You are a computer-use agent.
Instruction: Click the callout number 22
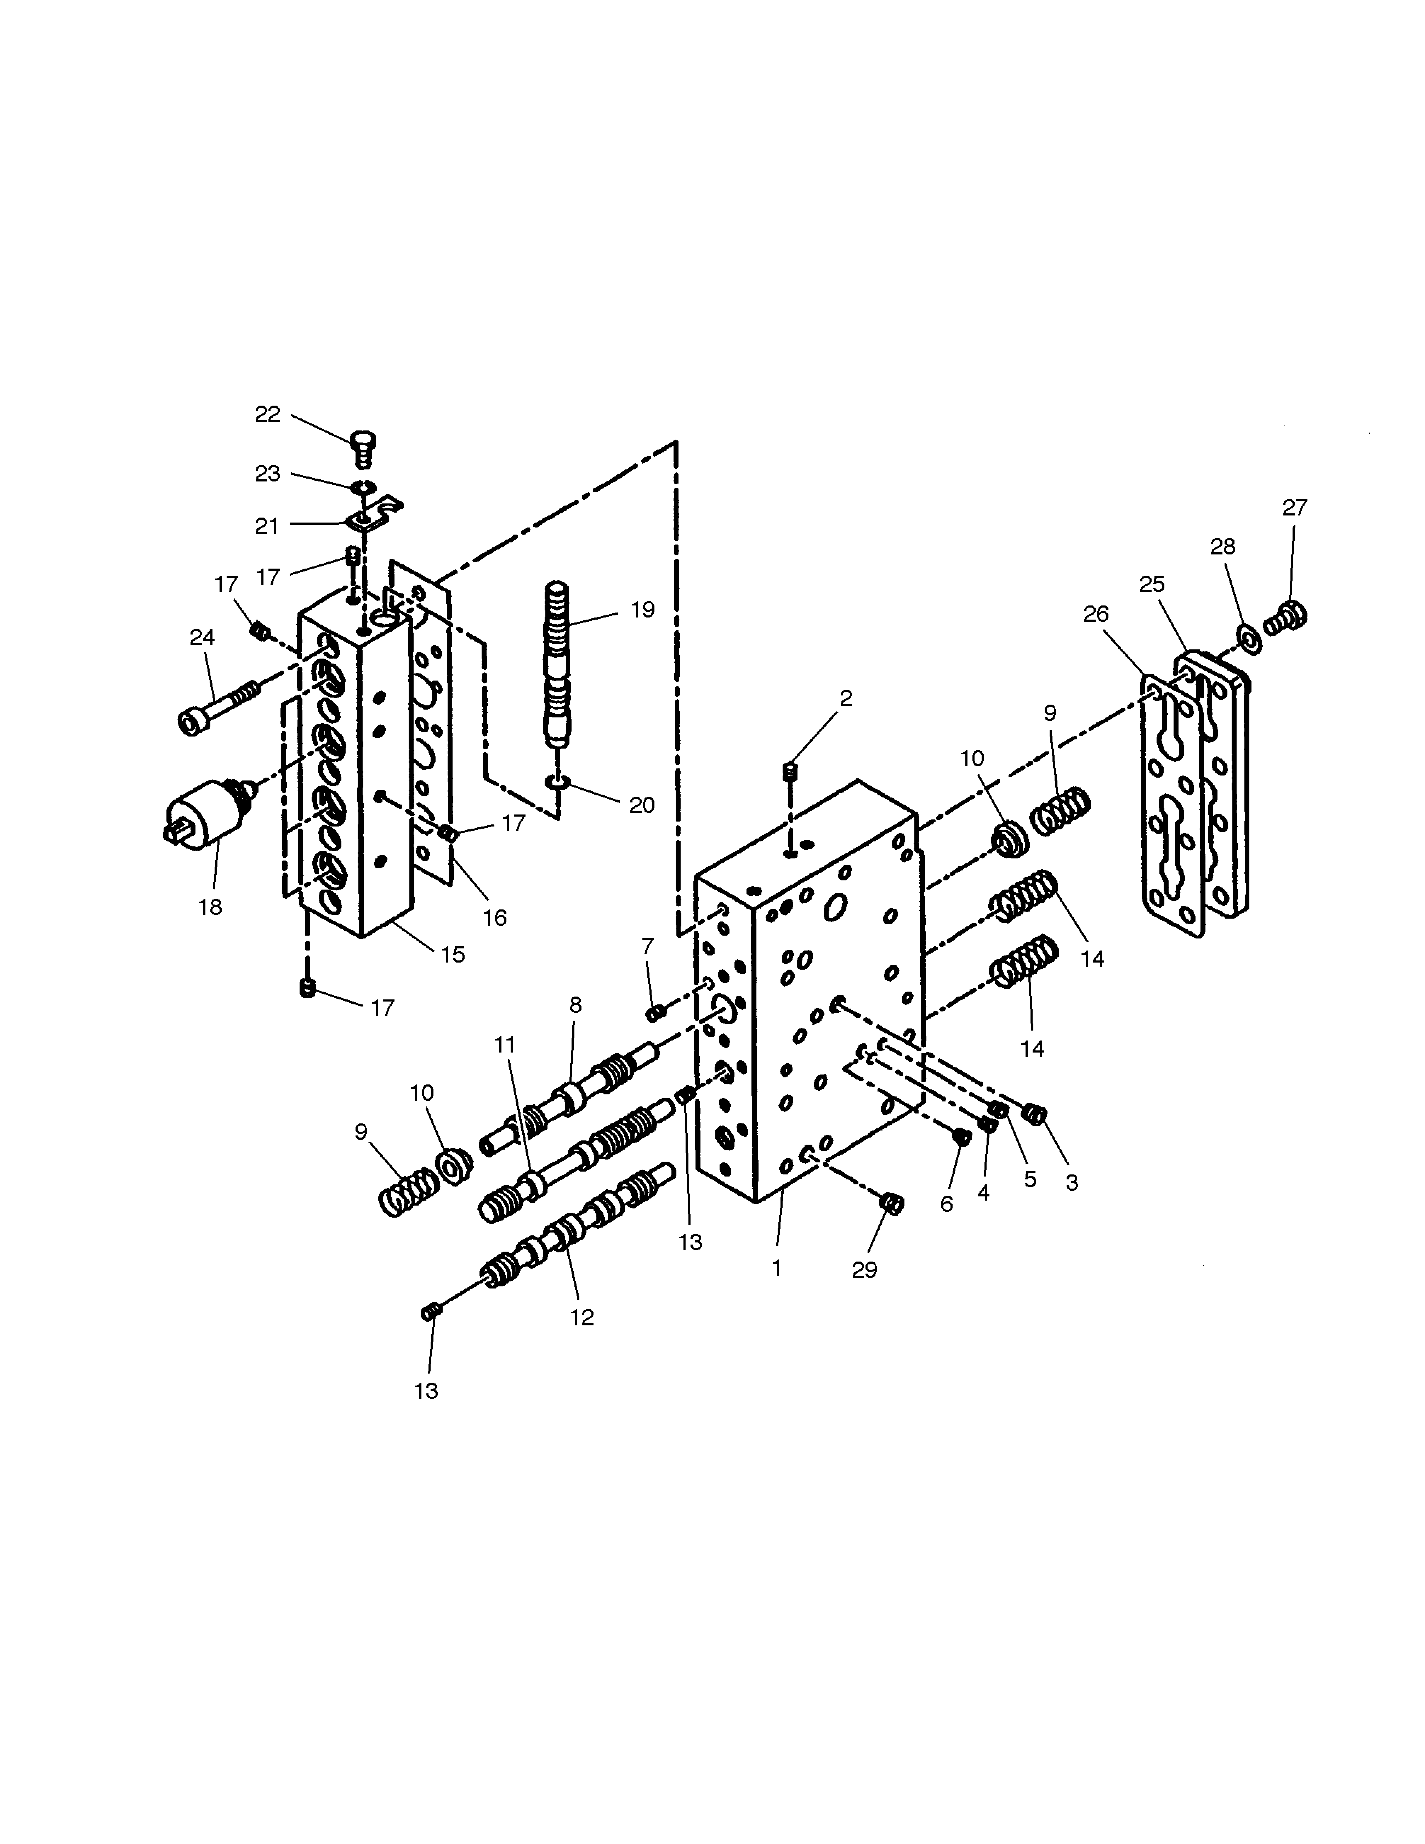(x=268, y=415)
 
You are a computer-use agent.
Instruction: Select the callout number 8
(x=576, y=1005)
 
